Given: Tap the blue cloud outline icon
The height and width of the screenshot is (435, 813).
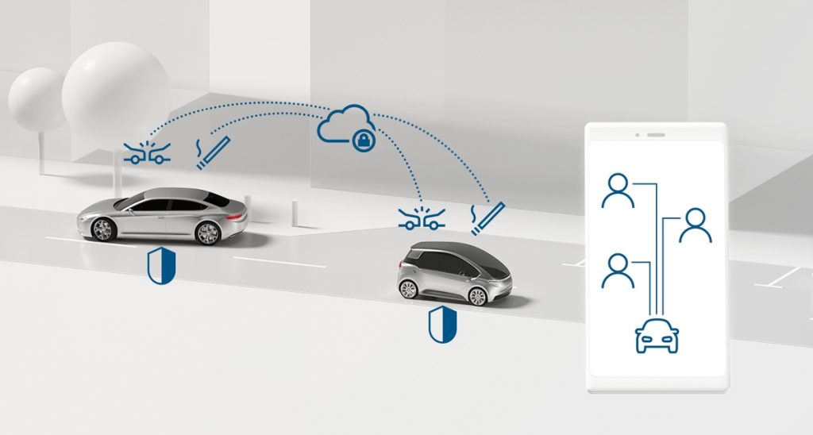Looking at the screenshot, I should click(x=343, y=125).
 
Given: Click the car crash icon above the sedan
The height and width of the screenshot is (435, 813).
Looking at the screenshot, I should click(x=144, y=152).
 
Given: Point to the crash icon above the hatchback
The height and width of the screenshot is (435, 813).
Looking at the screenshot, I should click(x=422, y=217).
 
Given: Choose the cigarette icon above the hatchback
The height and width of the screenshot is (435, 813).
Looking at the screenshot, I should click(x=486, y=217).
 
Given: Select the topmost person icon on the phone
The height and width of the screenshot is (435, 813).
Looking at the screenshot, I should click(x=618, y=191).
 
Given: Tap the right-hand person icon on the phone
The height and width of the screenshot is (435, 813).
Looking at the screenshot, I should click(x=695, y=225).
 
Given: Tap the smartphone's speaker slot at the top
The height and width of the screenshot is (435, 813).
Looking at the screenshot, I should click(x=656, y=135).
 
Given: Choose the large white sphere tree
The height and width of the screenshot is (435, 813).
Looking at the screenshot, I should click(x=115, y=89).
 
